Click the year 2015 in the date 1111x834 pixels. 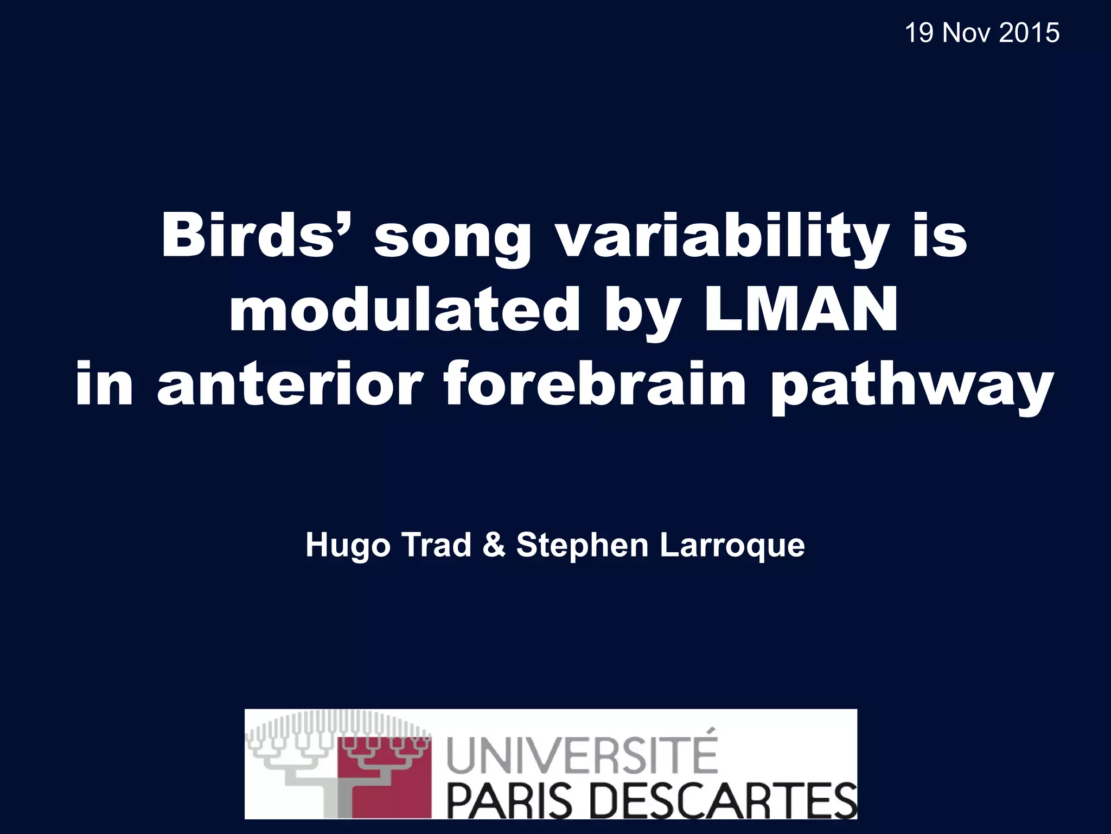[1029, 33]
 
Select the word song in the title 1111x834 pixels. [452, 242]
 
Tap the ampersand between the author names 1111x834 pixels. [493, 545]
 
